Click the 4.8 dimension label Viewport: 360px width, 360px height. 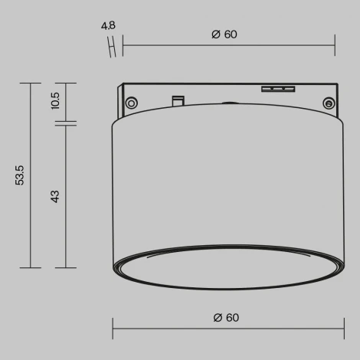coord(108,25)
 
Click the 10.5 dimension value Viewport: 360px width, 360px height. coord(55,100)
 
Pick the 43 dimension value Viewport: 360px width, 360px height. coord(55,196)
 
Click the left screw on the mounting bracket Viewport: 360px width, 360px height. coord(133,102)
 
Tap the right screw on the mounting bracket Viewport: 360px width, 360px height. coord(328,103)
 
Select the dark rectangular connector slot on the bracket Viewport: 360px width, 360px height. coord(279,89)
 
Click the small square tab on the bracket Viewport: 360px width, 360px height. coord(178,99)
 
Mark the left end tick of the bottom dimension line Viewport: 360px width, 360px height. coord(114,329)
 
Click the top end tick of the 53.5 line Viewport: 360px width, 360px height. coord(30,83)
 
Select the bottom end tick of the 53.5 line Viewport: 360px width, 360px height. coord(30,267)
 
